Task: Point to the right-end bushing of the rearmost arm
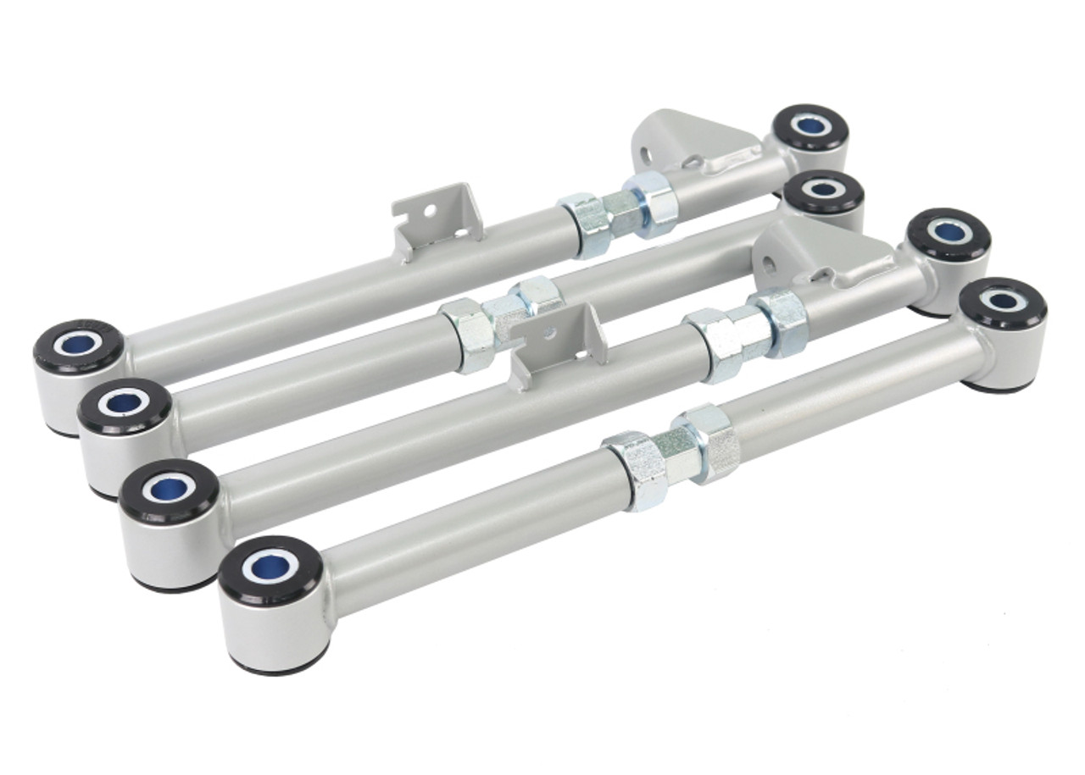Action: (x=810, y=127)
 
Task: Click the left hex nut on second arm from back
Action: (x=465, y=334)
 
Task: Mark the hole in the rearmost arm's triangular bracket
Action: (x=648, y=157)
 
